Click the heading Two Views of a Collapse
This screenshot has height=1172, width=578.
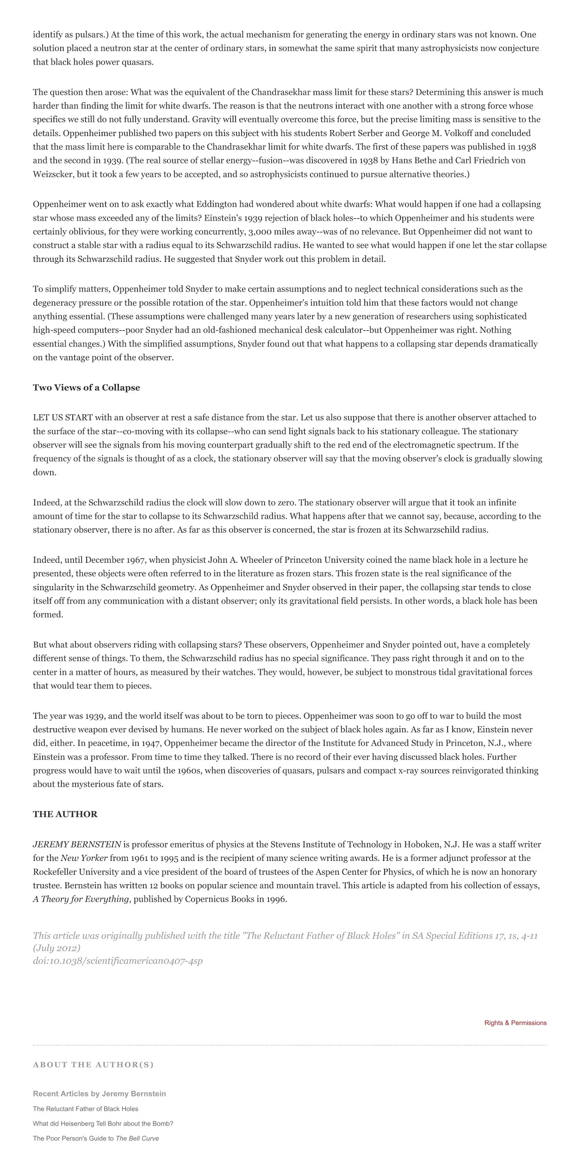point(86,388)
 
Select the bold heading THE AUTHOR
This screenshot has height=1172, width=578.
point(65,814)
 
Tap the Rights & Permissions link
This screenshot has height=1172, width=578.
point(515,1023)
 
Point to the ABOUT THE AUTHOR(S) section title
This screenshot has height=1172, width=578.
point(93,1065)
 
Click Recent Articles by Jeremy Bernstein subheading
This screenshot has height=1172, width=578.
point(99,1094)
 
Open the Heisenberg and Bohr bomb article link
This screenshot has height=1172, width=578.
point(103,1124)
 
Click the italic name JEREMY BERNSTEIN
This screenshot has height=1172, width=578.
point(77,844)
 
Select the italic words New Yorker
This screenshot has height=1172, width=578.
point(84,858)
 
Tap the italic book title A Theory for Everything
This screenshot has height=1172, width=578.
point(80,899)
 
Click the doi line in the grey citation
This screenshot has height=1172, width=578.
point(117,961)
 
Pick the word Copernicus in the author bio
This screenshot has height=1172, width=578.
point(206,899)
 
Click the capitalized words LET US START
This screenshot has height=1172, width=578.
point(63,417)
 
